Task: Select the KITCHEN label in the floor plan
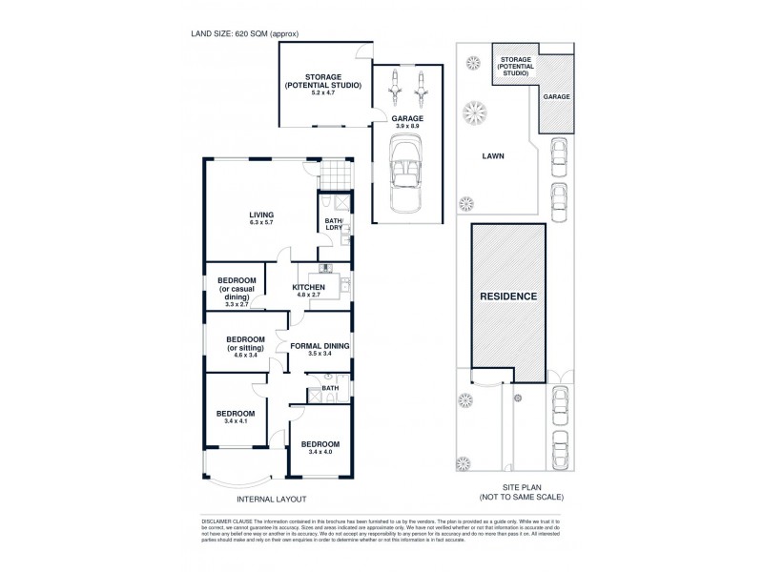pos(309,287)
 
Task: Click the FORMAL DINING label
pos(320,346)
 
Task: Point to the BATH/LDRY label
pos(335,226)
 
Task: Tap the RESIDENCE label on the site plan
pos(508,296)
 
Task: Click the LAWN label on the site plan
pos(493,155)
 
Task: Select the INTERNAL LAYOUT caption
pos(272,499)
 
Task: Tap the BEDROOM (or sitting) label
pos(244,344)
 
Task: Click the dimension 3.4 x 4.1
pos(236,420)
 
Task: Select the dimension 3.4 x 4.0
pos(320,453)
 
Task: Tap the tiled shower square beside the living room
pos(332,175)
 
